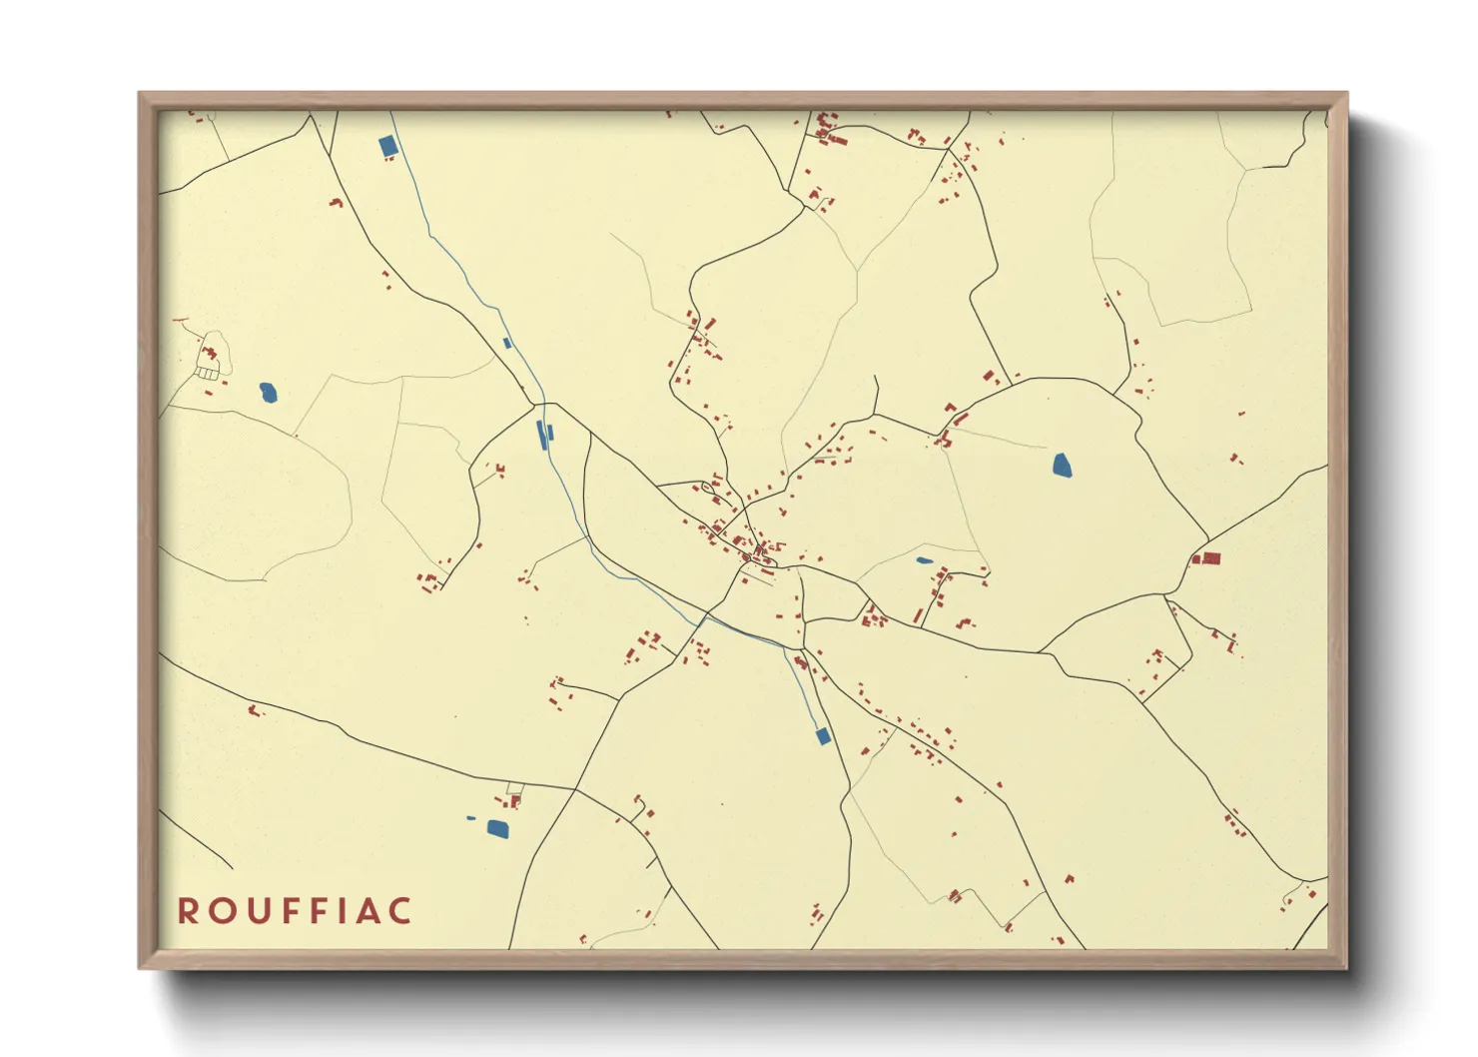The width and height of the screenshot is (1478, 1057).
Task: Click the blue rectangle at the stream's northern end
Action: tap(388, 146)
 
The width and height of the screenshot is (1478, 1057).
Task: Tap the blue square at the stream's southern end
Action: tap(823, 736)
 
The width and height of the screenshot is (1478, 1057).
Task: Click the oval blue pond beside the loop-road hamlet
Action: tap(268, 393)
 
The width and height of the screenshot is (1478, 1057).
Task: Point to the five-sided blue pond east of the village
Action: tap(1062, 465)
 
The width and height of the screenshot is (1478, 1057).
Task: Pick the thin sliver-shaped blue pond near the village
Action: tap(925, 560)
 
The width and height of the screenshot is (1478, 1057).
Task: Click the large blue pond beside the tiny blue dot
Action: tap(496, 827)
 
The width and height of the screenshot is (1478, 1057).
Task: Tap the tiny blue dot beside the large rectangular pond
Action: tap(471, 818)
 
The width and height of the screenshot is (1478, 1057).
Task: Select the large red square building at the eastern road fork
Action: tap(1211, 558)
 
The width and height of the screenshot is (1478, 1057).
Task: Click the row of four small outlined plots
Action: tap(207, 374)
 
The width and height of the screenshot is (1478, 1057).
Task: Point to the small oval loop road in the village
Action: tap(710, 490)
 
